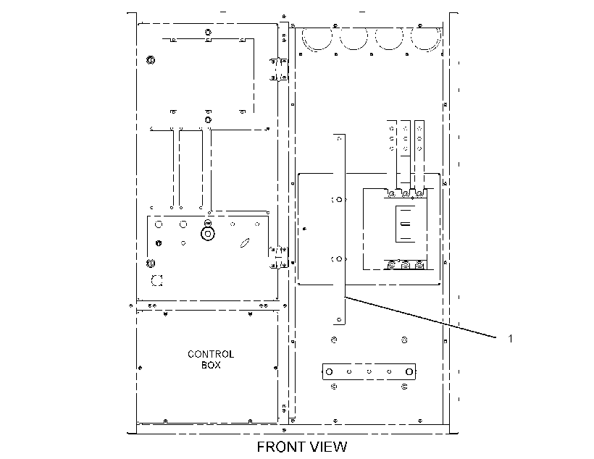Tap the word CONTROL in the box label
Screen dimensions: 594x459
click(211, 355)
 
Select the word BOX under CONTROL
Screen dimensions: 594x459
click(211, 365)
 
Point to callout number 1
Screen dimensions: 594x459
click(510, 338)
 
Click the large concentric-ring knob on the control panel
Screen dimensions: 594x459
click(208, 234)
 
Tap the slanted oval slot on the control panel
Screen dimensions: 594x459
click(245, 243)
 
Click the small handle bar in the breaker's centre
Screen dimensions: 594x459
click(405, 224)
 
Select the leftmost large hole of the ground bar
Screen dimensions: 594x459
click(329, 372)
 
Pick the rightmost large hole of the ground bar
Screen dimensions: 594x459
click(409, 372)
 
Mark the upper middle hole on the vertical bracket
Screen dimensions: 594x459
click(339, 200)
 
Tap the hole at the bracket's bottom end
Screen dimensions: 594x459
click(339, 319)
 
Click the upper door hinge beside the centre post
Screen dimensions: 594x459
click(279, 70)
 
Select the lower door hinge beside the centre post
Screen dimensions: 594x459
click(279, 258)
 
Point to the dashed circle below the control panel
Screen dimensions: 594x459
click(157, 281)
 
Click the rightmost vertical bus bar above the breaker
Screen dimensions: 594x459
click(419, 155)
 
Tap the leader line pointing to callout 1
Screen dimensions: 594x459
click(420, 317)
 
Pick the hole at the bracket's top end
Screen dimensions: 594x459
click(339, 138)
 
